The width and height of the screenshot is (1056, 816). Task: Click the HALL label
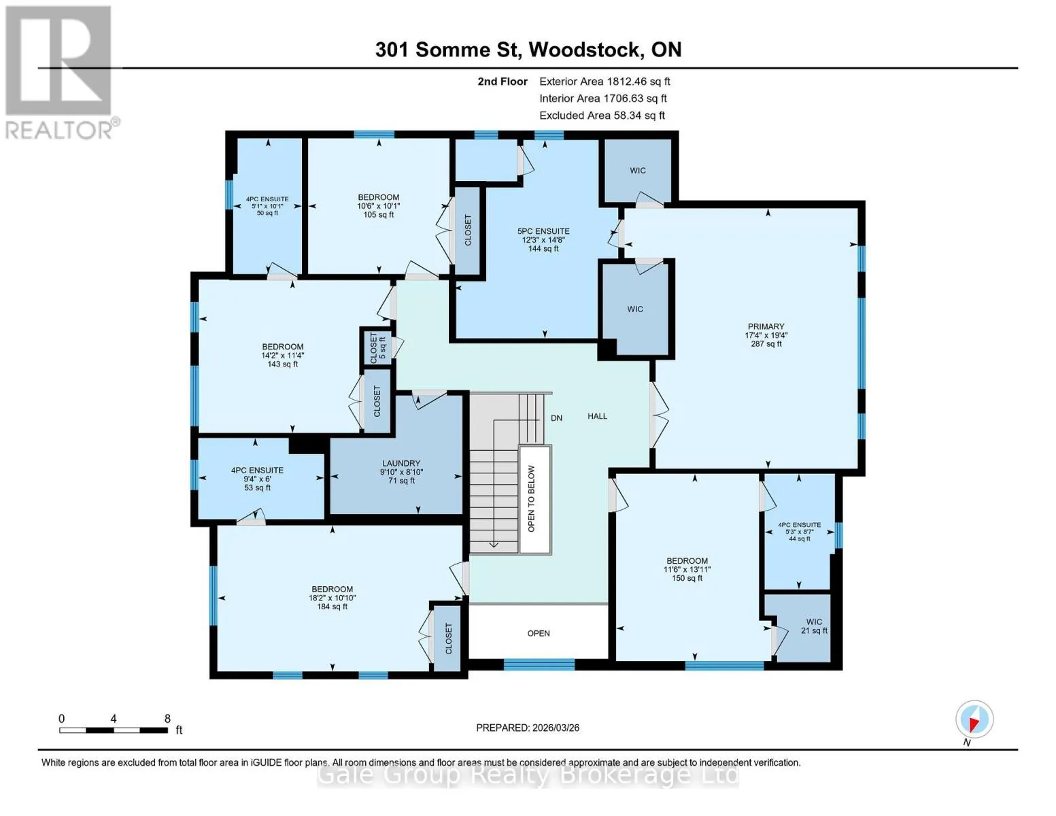[597, 416]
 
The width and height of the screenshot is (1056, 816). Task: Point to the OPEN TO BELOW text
[531, 498]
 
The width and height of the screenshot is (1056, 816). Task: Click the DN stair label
[556, 418]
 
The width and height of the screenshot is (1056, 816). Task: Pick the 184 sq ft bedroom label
[333, 598]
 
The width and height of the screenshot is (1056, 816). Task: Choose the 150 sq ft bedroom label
[687, 569]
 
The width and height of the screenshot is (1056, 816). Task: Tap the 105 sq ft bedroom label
[379, 205]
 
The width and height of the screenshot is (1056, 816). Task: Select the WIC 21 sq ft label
[814, 626]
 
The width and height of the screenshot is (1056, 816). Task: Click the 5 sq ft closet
[378, 347]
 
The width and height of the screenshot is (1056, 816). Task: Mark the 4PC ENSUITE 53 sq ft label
[257, 479]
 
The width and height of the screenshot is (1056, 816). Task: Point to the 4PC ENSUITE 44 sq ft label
[800, 532]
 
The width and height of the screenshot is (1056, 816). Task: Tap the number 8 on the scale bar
[168, 718]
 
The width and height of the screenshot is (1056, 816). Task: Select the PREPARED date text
[528, 728]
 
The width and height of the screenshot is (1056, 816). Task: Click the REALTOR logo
[61, 73]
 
